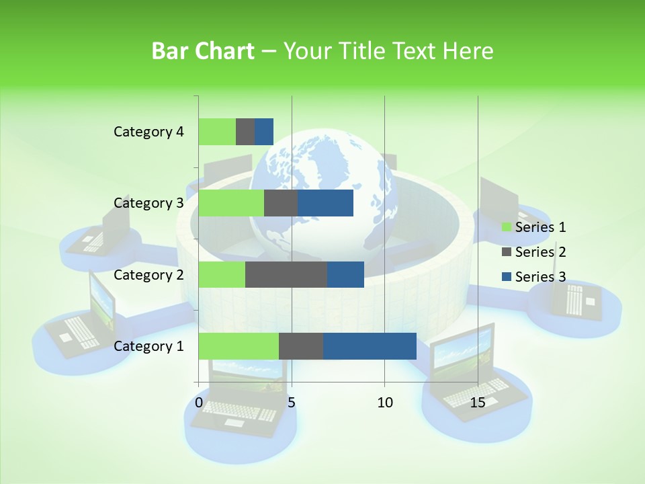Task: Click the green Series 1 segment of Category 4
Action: tap(217, 132)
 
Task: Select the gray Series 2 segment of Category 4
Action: tap(245, 132)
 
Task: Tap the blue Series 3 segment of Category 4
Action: tap(264, 132)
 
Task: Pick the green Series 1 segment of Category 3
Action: tap(231, 203)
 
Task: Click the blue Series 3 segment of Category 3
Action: tap(326, 203)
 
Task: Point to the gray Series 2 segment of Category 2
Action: tap(286, 274)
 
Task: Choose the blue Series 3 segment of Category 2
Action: tap(345, 274)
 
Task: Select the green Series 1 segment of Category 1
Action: tap(239, 346)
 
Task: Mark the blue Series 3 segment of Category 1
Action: tap(370, 346)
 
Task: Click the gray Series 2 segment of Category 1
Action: tap(301, 346)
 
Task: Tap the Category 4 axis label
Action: tap(148, 132)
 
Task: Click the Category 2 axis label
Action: tap(148, 274)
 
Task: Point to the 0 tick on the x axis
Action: tap(199, 403)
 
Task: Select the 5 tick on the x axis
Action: tap(292, 403)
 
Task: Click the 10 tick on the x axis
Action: tap(384, 403)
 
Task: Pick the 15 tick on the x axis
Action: tap(478, 403)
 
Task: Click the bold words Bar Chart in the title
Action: tap(203, 51)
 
